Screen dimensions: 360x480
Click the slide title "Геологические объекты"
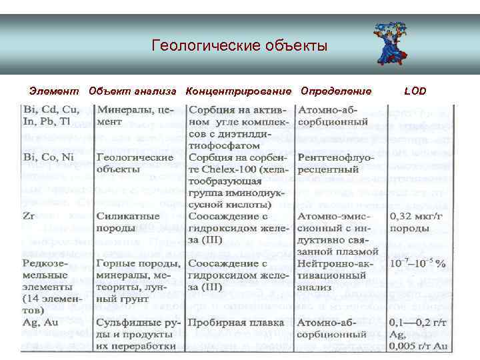239,47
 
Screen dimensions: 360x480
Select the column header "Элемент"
54,91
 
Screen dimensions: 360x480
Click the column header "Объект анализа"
132,91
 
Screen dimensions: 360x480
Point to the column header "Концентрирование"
239,91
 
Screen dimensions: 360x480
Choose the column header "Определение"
336,91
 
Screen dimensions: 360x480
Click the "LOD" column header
415,91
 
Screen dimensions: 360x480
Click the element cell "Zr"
30,217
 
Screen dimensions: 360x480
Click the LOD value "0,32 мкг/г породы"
417,223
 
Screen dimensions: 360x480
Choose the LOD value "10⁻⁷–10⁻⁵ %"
418,264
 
